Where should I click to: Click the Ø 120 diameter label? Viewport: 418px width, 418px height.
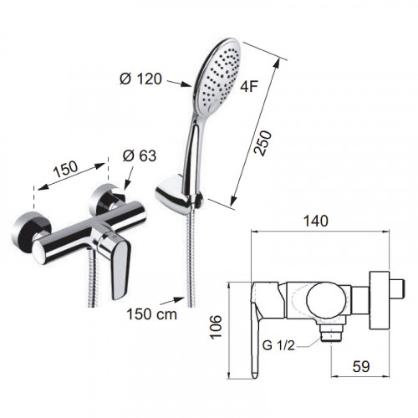pos(140,79)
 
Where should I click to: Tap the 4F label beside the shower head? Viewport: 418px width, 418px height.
pos(249,87)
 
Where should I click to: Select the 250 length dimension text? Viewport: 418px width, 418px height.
pos(263,143)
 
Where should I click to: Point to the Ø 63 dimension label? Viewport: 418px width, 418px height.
pos(140,155)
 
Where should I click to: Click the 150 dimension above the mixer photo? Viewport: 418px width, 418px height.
pos(65,169)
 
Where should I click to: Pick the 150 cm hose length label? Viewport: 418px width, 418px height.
pos(152,314)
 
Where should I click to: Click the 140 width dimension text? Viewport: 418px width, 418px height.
pos(316,221)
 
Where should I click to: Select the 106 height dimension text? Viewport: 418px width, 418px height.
pos(216,327)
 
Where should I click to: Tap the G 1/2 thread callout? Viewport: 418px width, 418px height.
pos(278,345)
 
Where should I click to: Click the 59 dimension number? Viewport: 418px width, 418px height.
pos(361,366)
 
